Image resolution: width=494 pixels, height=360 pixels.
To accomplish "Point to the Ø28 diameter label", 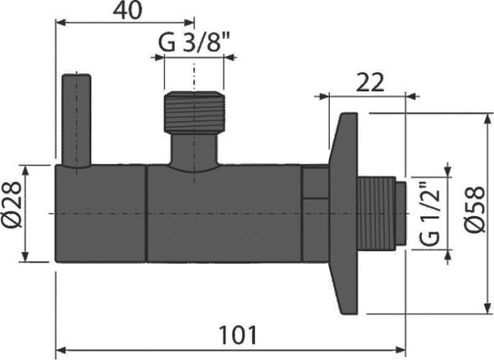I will coord(12,214).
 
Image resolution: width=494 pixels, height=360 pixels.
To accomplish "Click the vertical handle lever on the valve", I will coord(76,120).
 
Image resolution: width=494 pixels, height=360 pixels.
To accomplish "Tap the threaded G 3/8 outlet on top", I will coord(193,112).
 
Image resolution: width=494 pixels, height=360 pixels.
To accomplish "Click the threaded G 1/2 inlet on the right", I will coord(382,214).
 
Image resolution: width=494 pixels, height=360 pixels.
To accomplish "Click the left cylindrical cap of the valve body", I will coord(101,214).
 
